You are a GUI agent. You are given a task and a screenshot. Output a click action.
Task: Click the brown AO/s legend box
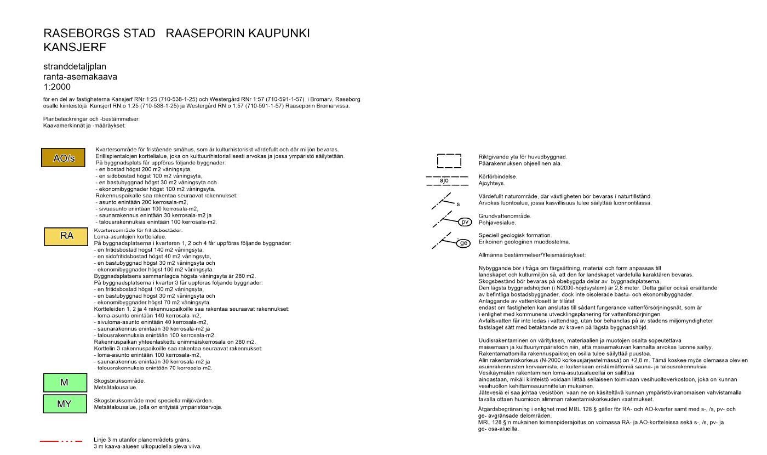(64, 158)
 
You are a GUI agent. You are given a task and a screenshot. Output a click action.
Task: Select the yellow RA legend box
(66, 236)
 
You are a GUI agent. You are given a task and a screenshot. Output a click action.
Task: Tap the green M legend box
(64, 383)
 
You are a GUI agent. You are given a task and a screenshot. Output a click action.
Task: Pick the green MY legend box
(64, 404)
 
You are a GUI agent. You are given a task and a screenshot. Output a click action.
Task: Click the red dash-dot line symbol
(61, 441)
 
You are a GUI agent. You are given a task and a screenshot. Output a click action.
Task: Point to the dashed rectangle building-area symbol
(449, 161)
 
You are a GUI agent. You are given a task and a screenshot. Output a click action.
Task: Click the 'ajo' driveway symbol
(444, 180)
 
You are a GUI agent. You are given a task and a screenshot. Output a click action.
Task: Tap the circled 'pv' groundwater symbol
(465, 222)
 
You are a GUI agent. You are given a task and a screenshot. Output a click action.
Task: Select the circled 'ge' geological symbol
(464, 243)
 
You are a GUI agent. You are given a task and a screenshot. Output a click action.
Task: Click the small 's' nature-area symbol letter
(458, 204)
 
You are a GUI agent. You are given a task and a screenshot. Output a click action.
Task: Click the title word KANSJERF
(75, 47)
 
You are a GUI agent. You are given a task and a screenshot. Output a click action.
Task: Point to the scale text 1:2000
(57, 87)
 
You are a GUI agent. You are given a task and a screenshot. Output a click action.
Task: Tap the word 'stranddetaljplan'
(75, 67)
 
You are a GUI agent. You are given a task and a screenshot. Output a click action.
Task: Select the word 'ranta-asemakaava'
(80, 77)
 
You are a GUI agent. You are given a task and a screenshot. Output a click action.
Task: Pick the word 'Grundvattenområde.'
(505, 216)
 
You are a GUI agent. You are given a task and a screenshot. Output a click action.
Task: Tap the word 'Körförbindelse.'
(497, 177)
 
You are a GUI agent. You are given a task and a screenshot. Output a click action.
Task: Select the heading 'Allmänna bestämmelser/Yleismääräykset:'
(532, 255)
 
